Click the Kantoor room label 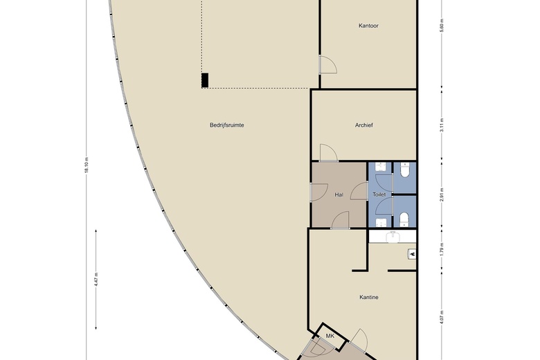point(368,26)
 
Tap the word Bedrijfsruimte point(226,125)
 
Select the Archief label point(364,125)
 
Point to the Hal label point(339,195)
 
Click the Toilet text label point(379,195)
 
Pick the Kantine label point(368,298)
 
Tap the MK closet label point(330,336)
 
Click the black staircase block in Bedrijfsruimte point(204,81)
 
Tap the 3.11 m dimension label point(441,125)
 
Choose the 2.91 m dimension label point(441,195)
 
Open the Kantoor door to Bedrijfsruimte point(327,64)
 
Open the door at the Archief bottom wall point(328,153)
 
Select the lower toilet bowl point(404,220)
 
